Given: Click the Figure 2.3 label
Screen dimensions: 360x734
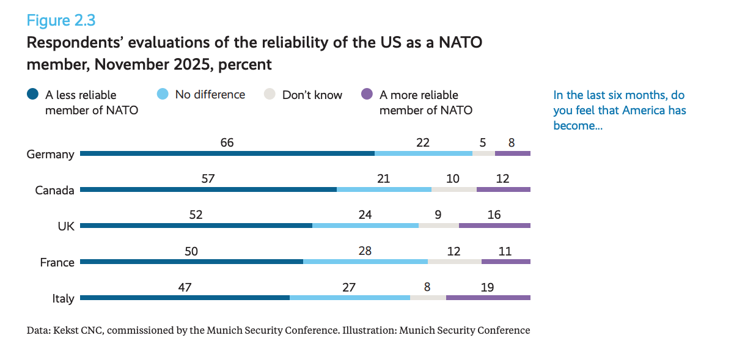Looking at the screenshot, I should point(61,20).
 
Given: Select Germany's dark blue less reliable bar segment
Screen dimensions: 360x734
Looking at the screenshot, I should point(227,153).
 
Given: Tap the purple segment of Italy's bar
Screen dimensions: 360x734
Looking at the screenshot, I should point(488,298).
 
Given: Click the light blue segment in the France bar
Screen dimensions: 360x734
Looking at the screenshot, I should point(365,262).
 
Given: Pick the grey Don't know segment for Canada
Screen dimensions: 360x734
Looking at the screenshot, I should point(453,189).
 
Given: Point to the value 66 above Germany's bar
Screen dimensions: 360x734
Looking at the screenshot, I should point(227,142).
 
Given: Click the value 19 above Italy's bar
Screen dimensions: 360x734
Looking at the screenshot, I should point(487,287).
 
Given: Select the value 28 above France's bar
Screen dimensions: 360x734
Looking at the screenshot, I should point(365,251).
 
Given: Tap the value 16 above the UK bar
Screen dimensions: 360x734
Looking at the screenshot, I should point(494,215).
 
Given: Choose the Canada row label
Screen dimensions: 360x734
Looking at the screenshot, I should point(54,190).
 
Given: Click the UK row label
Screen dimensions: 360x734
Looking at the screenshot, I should point(65,226).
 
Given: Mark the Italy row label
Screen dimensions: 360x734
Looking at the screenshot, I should point(63,299).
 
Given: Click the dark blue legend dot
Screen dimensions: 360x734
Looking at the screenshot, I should point(33,95).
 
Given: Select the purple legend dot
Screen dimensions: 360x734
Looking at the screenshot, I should point(367,94).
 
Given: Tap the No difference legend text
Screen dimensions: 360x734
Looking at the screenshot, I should point(210,95).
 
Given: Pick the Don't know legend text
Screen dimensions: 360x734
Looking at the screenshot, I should point(312,95).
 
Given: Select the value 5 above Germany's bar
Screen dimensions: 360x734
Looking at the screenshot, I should point(483,142).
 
